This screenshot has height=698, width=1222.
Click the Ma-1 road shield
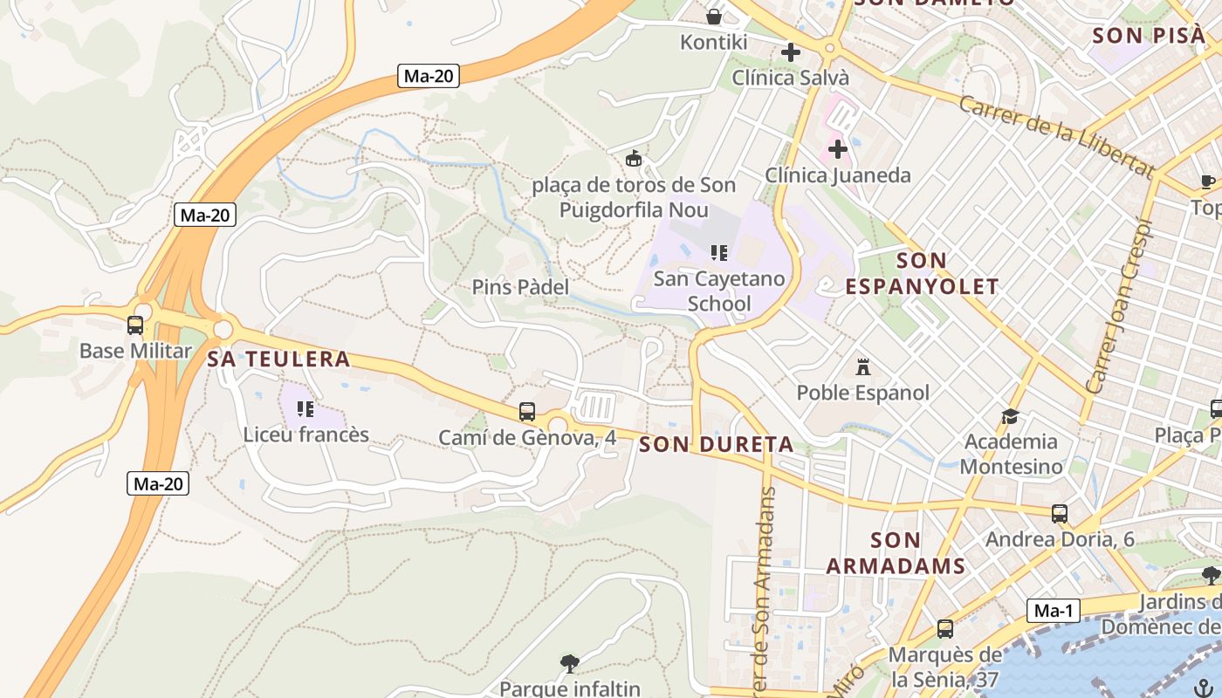tap(1054, 611)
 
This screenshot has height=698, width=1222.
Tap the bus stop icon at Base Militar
tap(135, 325)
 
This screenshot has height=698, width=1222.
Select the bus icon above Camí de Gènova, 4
tap(527, 412)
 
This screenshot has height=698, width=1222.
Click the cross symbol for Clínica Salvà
tap(791, 52)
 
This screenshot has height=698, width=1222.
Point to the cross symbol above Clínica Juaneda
tap(838, 149)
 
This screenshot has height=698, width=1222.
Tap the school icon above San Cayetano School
tap(719, 253)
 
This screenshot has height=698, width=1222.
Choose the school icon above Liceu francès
tap(305, 408)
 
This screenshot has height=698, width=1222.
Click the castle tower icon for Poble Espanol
tap(863, 366)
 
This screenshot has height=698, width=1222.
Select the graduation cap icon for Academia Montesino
tap(1011, 416)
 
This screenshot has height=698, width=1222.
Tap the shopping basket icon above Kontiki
tap(714, 17)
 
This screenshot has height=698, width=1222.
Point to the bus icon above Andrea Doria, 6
tap(1060, 514)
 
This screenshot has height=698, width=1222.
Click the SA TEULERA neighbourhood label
tap(278, 359)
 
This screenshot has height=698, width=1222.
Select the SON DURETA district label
tap(716, 445)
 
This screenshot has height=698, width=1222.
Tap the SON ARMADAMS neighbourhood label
tap(896, 552)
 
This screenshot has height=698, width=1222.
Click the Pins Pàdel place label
tap(520, 287)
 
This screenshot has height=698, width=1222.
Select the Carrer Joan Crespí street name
tap(1122, 305)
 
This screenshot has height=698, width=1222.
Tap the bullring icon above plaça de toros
tap(635, 159)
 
